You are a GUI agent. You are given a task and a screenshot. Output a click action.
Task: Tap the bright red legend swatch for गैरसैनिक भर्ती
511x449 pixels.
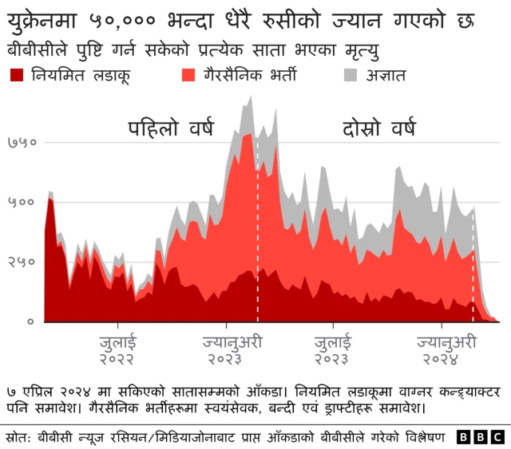190,77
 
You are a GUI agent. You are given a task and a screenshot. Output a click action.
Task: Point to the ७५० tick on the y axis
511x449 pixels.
22,143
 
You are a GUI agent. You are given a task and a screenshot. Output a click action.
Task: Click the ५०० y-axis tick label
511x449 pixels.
22,202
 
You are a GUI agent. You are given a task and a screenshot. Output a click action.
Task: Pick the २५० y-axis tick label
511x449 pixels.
22,262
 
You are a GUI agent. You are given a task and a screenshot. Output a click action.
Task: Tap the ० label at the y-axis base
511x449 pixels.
30,321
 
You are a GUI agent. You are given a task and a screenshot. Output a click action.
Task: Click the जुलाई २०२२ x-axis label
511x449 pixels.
117,350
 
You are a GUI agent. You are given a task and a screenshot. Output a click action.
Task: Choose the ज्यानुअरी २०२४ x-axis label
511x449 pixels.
442,350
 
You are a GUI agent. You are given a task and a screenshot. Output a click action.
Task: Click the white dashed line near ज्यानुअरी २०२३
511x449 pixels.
257,239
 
